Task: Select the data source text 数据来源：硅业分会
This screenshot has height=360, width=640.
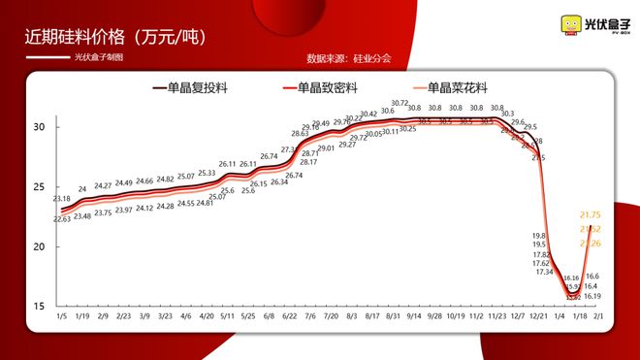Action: pyautogui.click(x=348, y=58)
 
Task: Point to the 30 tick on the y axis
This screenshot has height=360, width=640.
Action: pyautogui.click(x=40, y=127)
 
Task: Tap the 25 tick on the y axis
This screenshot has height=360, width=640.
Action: pyautogui.click(x=40, y=187)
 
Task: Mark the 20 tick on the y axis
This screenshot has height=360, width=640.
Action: pyautogui.click(x=40, y=246)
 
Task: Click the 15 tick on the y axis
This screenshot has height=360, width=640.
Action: pyautogui.click(x=40, y=307)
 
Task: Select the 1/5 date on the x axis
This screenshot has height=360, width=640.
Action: pyautogui.click(x=61, y=317)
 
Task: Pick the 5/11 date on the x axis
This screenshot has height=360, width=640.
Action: pyautogui.click(x=228, y=317)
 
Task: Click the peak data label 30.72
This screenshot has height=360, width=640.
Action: pyautogui.click(x=400, y=103)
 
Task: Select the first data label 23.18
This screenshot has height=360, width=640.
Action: pyautogui.click(x=62, y=199)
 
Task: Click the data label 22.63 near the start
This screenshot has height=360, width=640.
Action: pyautogui.click(x=61, y=219)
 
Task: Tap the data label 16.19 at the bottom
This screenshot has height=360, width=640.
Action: pyautogui.click(x=592, y=296)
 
